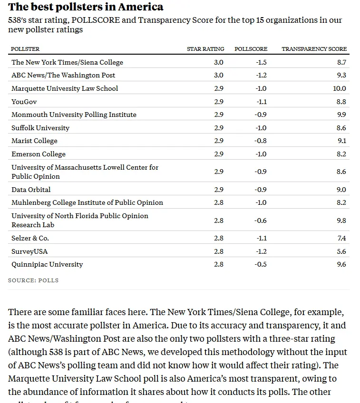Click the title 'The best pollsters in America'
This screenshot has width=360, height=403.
(86, 7)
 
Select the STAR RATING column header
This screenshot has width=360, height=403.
(205, 49)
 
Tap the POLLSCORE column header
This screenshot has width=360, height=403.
(251, 49)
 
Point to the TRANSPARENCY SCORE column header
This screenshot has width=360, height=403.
(314, 49)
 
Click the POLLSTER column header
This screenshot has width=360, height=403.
(25, 49)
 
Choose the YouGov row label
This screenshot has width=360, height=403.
(24, 102)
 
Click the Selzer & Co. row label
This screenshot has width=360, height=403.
(30, 238)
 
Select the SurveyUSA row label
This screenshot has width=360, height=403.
(29, 251)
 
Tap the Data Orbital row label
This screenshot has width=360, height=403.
(31, 190)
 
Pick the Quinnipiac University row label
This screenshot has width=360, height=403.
(47, 264)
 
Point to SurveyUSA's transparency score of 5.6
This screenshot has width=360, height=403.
(341, 251)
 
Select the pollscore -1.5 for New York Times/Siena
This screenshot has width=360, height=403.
(261, 62)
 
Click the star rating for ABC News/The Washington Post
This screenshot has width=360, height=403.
(219, 75)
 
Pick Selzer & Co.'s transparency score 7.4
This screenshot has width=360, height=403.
(341, 238)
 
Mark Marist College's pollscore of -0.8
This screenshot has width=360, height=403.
(261, 141)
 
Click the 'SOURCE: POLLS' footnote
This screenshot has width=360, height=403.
(33, 280)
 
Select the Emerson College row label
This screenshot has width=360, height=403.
(39, 154)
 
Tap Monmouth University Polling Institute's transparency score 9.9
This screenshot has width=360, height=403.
(341, 115)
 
